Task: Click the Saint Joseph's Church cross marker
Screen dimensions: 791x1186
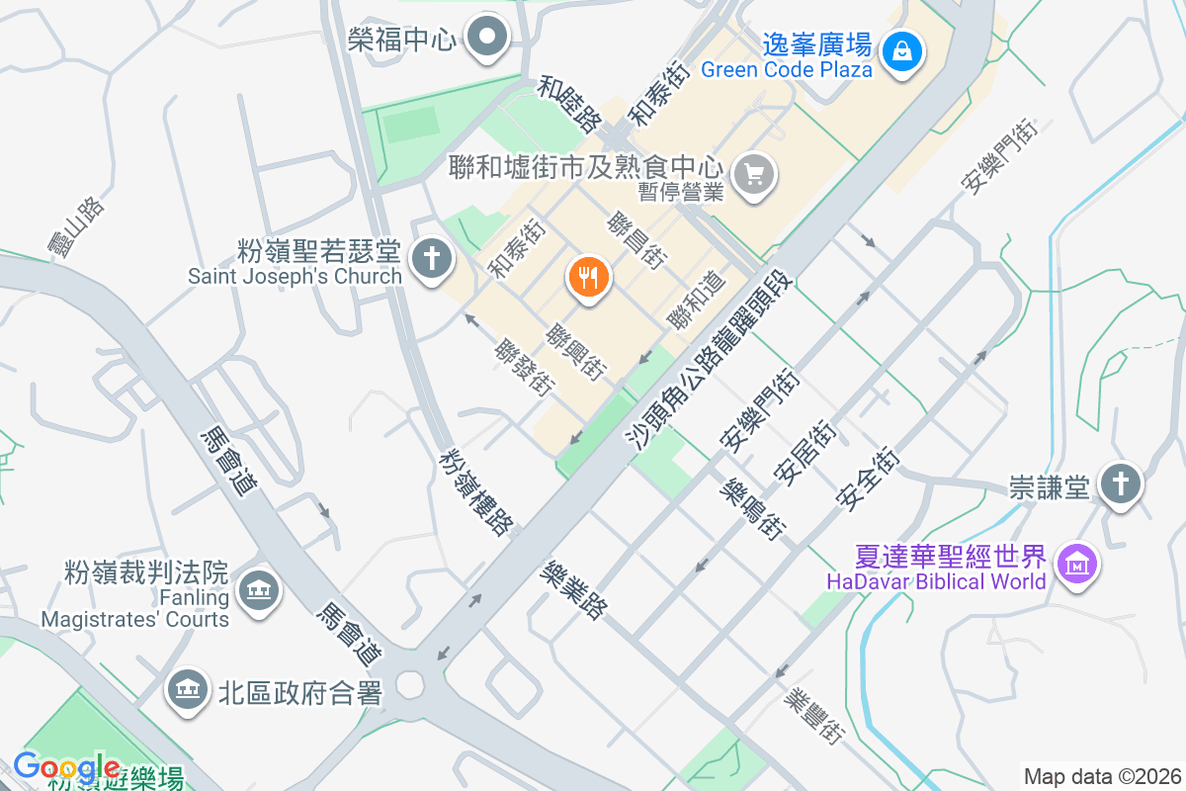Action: pos(432,259)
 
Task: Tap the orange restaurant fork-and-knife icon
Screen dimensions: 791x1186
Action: pos(589,278)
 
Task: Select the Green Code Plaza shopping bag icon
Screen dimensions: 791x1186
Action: pos(902,49)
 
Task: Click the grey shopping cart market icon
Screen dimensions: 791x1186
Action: pos(755,175)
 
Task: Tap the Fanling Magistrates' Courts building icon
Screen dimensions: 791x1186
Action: pos(260,591)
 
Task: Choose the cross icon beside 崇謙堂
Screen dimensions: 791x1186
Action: pos(1120,484)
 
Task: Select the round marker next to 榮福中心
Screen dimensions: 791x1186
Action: pos(487,39)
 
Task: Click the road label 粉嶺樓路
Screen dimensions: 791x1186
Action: pos(476,491)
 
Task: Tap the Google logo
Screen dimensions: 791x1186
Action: pos(66,767)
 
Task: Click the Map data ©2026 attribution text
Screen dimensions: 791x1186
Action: pos(1101,776)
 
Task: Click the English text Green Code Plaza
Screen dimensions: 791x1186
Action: pos(787,69)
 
